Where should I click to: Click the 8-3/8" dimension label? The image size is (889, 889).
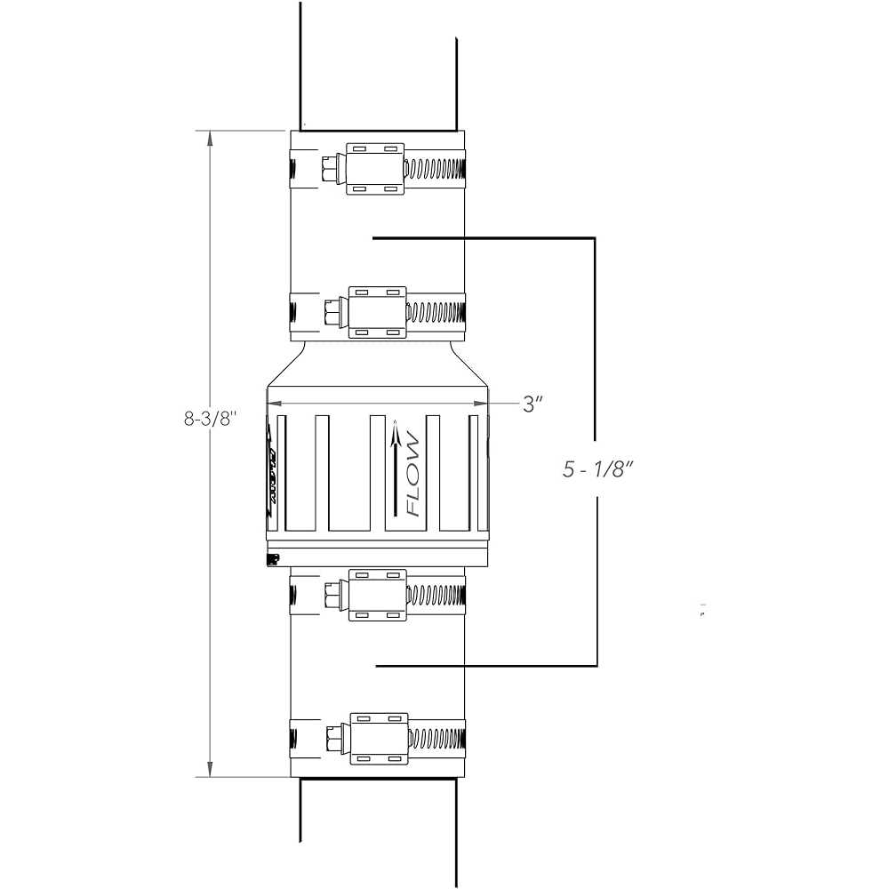tap(207, 419)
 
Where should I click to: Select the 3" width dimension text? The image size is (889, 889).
tap(533, 404)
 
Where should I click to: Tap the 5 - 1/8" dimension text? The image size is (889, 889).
tap(597, 470)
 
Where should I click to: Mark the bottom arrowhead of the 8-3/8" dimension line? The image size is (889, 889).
tap(210, 770)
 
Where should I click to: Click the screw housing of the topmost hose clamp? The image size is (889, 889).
tap(374, 167)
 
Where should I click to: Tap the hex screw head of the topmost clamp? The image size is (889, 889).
tap(329, 167)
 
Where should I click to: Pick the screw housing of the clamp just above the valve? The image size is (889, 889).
tap(377, 312)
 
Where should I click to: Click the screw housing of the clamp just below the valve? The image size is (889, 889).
tap(377, 595)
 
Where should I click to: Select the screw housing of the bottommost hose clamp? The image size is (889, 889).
tap(379, 738)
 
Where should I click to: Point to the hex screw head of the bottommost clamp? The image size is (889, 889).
tap(332, 738)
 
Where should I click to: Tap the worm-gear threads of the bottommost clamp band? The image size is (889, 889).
tap(436, 739)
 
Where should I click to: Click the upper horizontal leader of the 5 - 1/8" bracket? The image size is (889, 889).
tap(485, 237)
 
